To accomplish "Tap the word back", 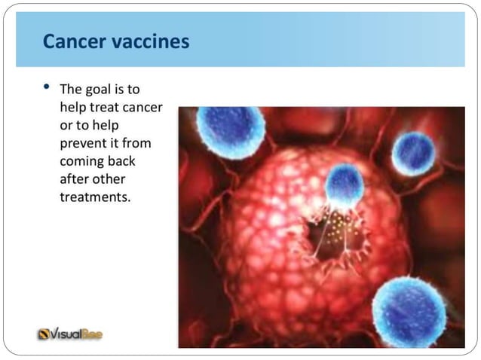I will (x=121, y=162).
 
